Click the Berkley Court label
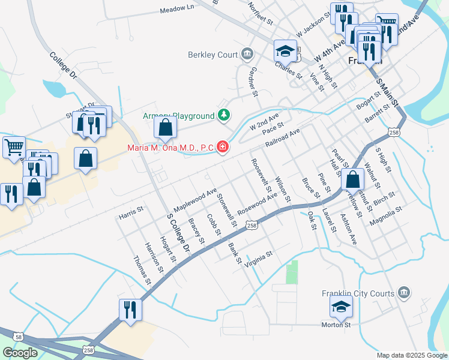(213, 55)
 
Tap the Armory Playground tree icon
(224, 115)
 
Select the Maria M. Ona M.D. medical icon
(223, 146)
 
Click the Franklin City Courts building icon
(405, 293)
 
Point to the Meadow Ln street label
(178, 9)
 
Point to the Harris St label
(131, 211)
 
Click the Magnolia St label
(385, 216)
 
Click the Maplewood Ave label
(195, 200)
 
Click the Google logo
(20, 353)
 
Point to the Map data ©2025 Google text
(411, 355)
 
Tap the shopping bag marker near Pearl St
(354, 179)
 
